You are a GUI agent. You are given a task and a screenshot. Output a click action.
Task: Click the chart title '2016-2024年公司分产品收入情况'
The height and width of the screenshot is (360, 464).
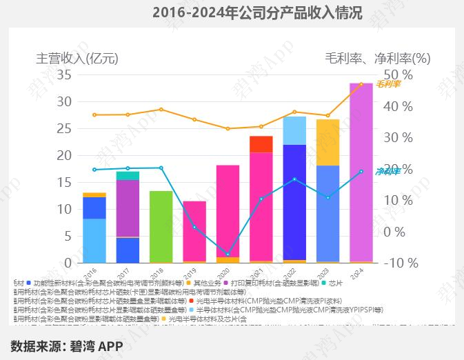(256, 13)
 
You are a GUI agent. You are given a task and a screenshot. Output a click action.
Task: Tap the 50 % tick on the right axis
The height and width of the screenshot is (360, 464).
(399, 74)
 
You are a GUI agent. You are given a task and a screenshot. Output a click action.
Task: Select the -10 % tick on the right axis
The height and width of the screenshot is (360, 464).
(399, 263)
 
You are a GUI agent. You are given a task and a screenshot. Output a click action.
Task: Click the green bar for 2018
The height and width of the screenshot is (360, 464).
(161, 226)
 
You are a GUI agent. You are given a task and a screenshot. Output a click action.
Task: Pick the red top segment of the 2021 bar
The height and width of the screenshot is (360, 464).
(261, 143)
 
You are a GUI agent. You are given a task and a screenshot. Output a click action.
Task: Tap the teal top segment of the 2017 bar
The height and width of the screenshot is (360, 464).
(128, 175)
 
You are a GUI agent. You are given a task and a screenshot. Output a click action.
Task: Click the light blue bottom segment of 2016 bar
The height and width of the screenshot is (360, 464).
(94, 240)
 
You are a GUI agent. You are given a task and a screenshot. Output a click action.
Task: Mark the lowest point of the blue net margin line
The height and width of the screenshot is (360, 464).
(228, 254)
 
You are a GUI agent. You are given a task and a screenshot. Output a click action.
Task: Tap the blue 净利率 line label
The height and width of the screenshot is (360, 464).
(388, 171)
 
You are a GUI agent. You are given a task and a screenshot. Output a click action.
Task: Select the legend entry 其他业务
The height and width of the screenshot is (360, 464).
(207, 283)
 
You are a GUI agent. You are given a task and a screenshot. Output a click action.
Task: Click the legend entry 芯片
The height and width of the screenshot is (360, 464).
(334, 283)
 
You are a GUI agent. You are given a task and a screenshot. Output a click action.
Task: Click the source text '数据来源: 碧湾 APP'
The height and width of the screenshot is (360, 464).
(66, 346)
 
